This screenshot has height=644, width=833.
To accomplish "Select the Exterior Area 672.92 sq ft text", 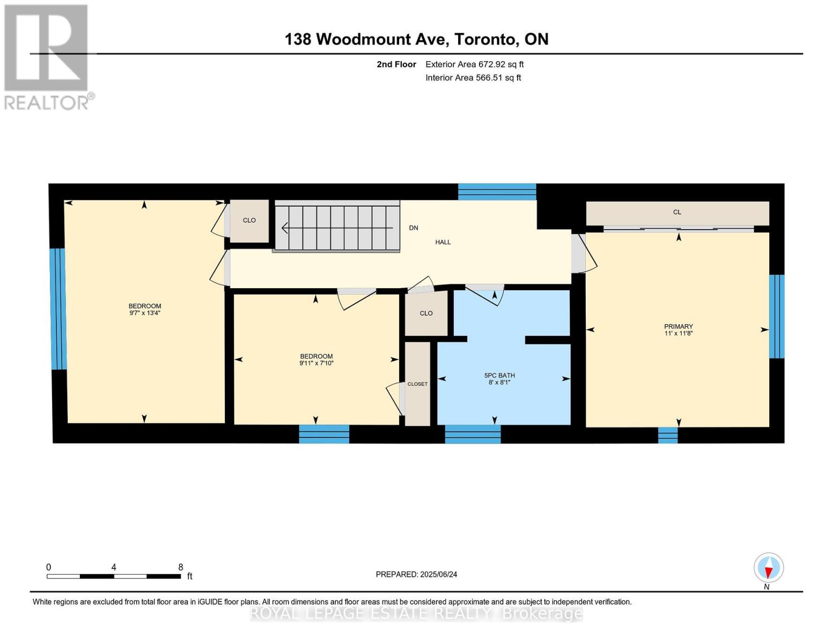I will [474, 64].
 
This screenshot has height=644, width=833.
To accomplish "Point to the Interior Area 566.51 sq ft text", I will [473, 78].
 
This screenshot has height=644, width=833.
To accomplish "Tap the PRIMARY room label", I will [679, 326].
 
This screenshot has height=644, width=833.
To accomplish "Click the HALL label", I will [443, 242].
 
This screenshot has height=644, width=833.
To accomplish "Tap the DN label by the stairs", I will [414, 228].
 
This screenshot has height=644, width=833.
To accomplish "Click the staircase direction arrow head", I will [284, 228].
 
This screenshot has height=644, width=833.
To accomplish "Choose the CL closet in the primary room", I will [677, 213].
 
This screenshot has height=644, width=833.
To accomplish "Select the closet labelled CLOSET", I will [417, 384].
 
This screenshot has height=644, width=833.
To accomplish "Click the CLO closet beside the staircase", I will [249, 221].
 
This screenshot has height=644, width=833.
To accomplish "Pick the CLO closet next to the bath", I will [426, 313].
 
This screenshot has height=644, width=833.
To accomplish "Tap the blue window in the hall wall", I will [497, 192].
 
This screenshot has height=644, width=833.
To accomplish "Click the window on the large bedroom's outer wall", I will [58, 309].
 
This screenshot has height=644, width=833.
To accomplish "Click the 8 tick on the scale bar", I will [181, 567].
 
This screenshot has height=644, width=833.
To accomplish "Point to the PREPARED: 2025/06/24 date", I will [416, 574].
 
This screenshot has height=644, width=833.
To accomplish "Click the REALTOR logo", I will [47, 56].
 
